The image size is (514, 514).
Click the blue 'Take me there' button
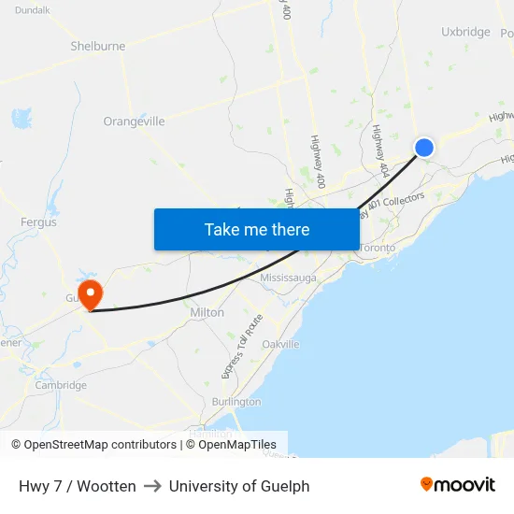tap(257, 229)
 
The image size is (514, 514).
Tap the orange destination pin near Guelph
tap(91, 294)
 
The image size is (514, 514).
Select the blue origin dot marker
tap(423, 148)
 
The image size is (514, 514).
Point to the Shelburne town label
tap(97, 46)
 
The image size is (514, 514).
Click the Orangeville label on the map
tap(134, 121)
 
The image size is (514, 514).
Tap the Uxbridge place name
tap(465, 32)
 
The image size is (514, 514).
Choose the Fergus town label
tap(38, 222)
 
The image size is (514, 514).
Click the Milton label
tap(207, 312)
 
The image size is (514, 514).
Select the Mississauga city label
tap(288, 278)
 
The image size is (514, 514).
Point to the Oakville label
tap(280, 344)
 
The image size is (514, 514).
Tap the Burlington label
tap(236, 401)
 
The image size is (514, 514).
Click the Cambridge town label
tap(61, 385)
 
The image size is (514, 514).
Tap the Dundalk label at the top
tap(33, 9)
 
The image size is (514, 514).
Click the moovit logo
tap(458, 485)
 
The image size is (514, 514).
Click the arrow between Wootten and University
tap(152, 486)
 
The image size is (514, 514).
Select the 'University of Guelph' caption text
tap(239, 486)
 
